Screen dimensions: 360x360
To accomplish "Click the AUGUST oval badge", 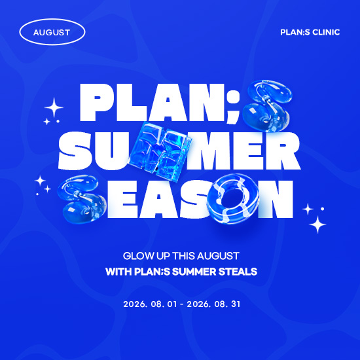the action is point(52,32).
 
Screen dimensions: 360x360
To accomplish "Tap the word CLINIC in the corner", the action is point(326,32).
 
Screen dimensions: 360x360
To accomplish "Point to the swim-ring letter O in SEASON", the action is point(232,199).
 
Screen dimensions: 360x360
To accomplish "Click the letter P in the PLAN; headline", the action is point(97,102).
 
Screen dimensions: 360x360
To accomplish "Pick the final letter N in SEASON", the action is point(276,199).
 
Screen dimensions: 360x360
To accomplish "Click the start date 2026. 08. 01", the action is point(151,304).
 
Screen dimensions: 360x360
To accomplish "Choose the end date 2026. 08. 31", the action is point(213,304).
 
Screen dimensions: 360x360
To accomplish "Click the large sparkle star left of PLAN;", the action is point(54,107).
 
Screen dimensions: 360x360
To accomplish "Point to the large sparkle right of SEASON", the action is point(317,225).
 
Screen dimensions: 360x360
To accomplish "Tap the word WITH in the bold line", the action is point(118,272).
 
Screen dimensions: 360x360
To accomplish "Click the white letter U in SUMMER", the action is point(114,151).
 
